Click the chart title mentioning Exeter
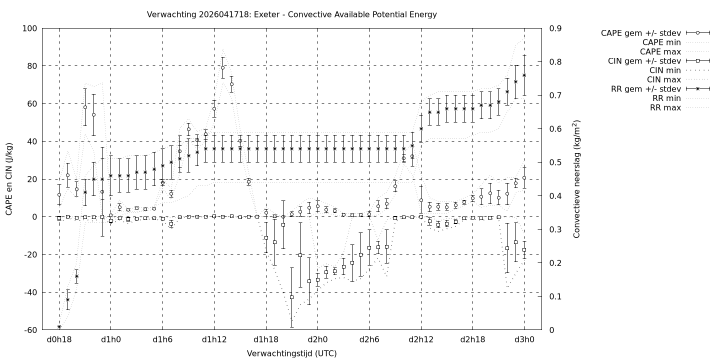[x=291, y=14]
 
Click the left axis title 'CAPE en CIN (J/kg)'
[x=9, y=179]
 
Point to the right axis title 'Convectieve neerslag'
[x=576, y=179]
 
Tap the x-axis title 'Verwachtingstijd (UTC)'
[x=291, y=353]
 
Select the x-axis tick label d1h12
[x=214, y=339]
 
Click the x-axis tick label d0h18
[x=59, y=339]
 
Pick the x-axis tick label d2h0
[x=317, y=339]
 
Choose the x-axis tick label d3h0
[x=524, y=339]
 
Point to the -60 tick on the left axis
[x=30, y=330]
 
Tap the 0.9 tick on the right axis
[x=554, y=28]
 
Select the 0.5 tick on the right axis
[x=554, y=162]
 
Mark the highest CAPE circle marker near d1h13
[x=222, y=67]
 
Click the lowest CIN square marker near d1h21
[x=291, y=297]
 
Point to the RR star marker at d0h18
[x=59, y=326]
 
